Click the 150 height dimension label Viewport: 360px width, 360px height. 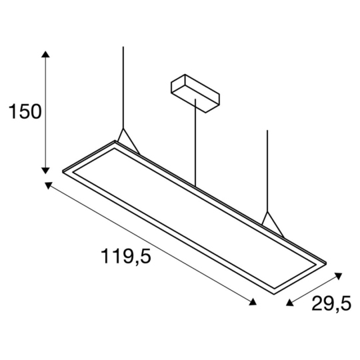point(25,111)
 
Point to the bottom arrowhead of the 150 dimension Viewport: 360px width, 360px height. point(45,169)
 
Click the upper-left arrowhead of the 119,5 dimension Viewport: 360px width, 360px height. point(49,185)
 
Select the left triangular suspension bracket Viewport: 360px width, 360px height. point(127,141)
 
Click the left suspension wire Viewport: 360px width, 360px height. point(123,87)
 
